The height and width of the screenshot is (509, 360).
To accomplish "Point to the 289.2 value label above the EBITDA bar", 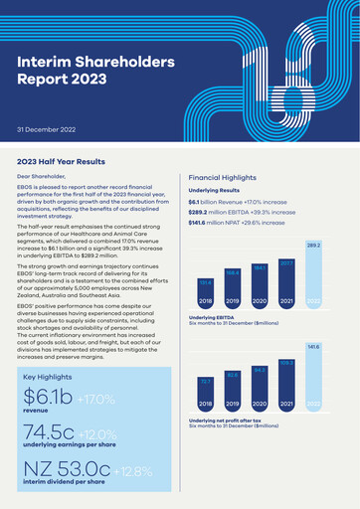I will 313,245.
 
